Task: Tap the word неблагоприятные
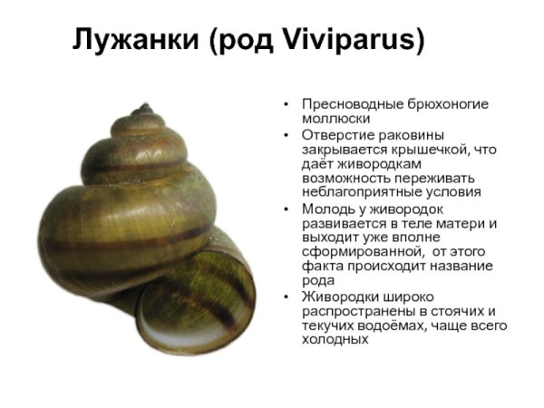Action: [354, 192]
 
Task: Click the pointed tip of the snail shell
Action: [143, 108]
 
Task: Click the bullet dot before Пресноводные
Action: [287, 104]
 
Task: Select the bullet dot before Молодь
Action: [287, 208]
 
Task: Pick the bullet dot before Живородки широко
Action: [287, 296]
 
